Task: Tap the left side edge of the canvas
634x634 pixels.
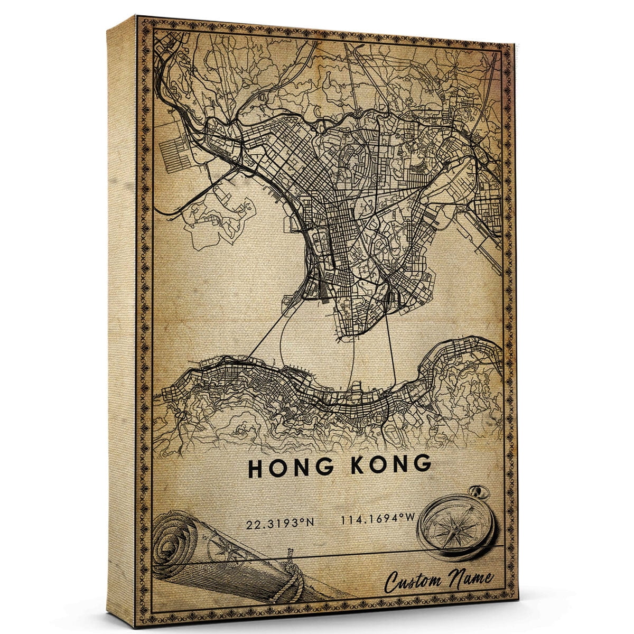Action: click(122, 317)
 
